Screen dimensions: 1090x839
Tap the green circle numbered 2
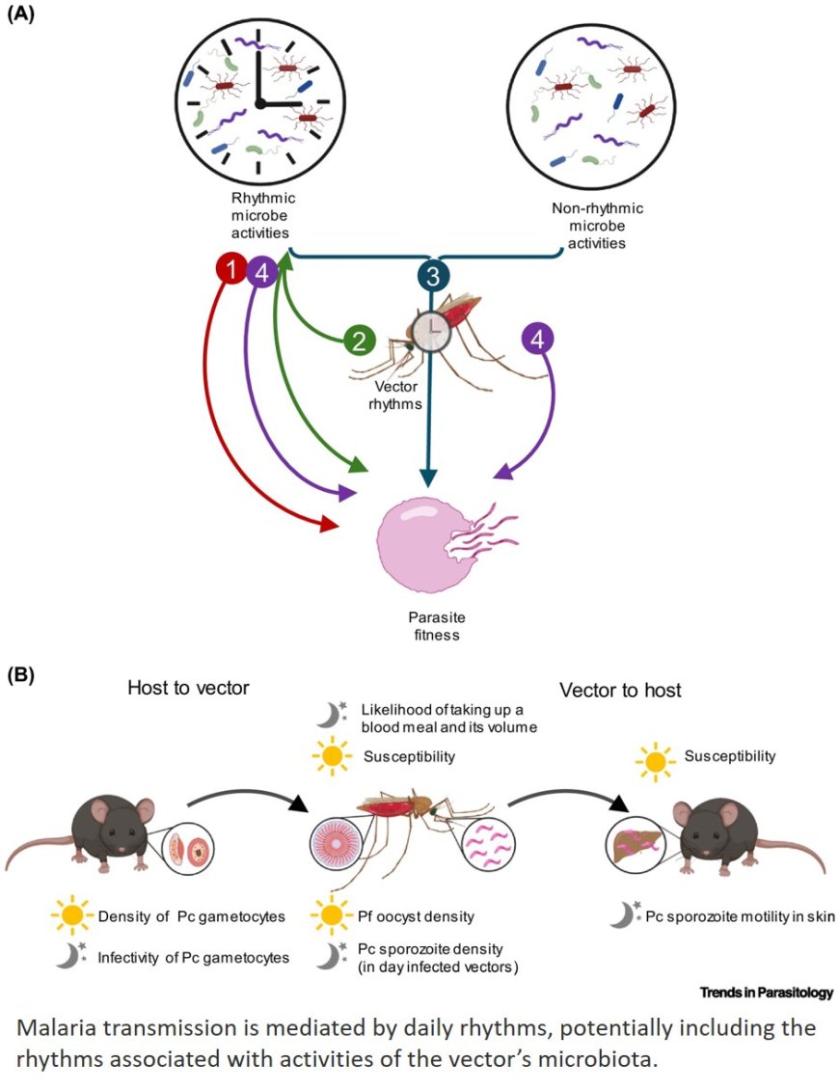click(359, 340)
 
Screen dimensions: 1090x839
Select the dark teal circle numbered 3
click(434, 276)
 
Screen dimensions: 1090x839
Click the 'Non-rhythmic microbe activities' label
click(597, 226)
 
